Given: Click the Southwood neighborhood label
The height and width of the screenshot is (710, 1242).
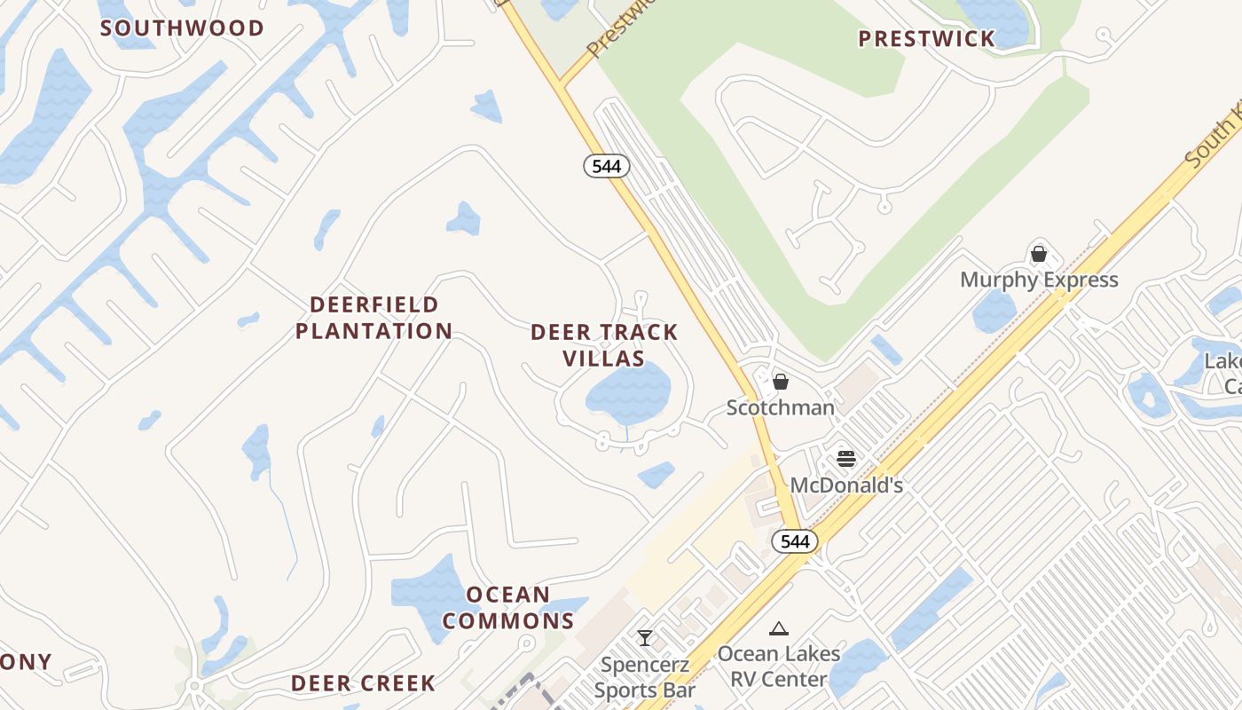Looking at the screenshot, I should click(182, 28).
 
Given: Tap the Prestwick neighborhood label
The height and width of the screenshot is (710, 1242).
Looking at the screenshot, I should click(926, 38).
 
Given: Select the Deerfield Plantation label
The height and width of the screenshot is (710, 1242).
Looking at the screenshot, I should click(373, 318).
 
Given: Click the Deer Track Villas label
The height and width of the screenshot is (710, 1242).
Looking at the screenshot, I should click(604, 345).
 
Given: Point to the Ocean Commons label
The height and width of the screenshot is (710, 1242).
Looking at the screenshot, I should click(508, 607).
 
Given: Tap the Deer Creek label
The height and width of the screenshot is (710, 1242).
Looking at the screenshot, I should click(363, 683).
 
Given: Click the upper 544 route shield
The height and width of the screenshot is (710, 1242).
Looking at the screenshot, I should click(607, 166).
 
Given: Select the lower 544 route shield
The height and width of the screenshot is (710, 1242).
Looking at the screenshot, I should click(794, 540).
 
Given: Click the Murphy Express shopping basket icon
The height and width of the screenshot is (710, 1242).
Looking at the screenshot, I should click(1039, 254).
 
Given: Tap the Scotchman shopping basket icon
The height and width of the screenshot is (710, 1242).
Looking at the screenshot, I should click(781, 382).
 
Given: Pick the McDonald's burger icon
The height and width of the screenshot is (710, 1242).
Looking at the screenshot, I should click(846, 459).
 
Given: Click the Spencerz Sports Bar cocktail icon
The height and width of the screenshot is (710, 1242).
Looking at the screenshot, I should click(645, 638).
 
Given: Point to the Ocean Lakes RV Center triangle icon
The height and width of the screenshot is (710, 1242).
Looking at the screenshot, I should click(779, 629).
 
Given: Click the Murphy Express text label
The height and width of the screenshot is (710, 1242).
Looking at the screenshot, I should click(1039, 280).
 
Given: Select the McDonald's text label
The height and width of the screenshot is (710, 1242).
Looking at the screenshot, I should click(846, 485).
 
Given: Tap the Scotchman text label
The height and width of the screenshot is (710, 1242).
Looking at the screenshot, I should click(781, 407).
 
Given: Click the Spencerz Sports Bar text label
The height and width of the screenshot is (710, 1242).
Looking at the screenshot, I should click(645, 677).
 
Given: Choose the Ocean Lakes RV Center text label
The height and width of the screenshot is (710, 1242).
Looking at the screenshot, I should click(779, 667).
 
